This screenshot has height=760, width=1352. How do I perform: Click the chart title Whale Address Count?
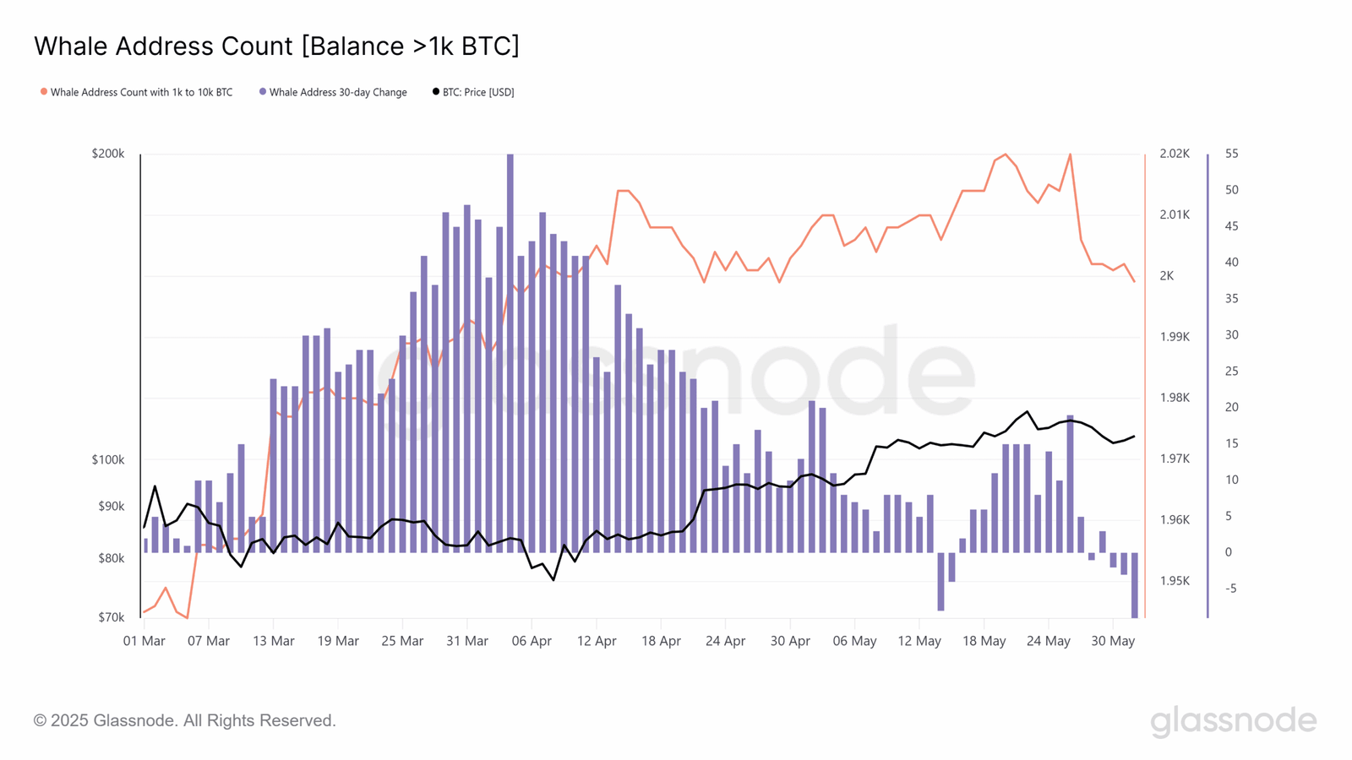point(276,46)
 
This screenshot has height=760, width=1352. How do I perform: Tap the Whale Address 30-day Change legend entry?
point(337,92)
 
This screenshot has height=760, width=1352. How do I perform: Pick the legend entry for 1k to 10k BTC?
point(140,92)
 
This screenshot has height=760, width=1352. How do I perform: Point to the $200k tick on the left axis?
point(108,154)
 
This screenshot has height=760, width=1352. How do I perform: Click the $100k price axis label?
point(108,460)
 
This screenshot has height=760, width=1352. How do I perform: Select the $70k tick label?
point(111,617)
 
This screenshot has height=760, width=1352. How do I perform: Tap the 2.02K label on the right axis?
point(1175,154)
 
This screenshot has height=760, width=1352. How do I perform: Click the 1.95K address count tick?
point(1175,581)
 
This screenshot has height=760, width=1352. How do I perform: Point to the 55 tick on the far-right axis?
point(1232,154)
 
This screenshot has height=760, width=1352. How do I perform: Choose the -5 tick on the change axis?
point(1230,589)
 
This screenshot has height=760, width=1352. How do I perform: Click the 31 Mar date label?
point(467,641)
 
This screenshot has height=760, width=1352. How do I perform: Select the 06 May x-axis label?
point(854,641)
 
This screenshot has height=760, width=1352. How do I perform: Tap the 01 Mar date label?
point(144,641)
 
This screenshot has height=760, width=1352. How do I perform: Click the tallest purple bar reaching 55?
point(510,355)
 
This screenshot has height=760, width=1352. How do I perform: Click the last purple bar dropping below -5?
point(1134,584)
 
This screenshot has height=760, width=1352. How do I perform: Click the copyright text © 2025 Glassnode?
point(185,720)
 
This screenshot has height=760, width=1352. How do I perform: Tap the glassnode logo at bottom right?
point(1233,720)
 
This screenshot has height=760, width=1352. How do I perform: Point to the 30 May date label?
point(1113,641)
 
